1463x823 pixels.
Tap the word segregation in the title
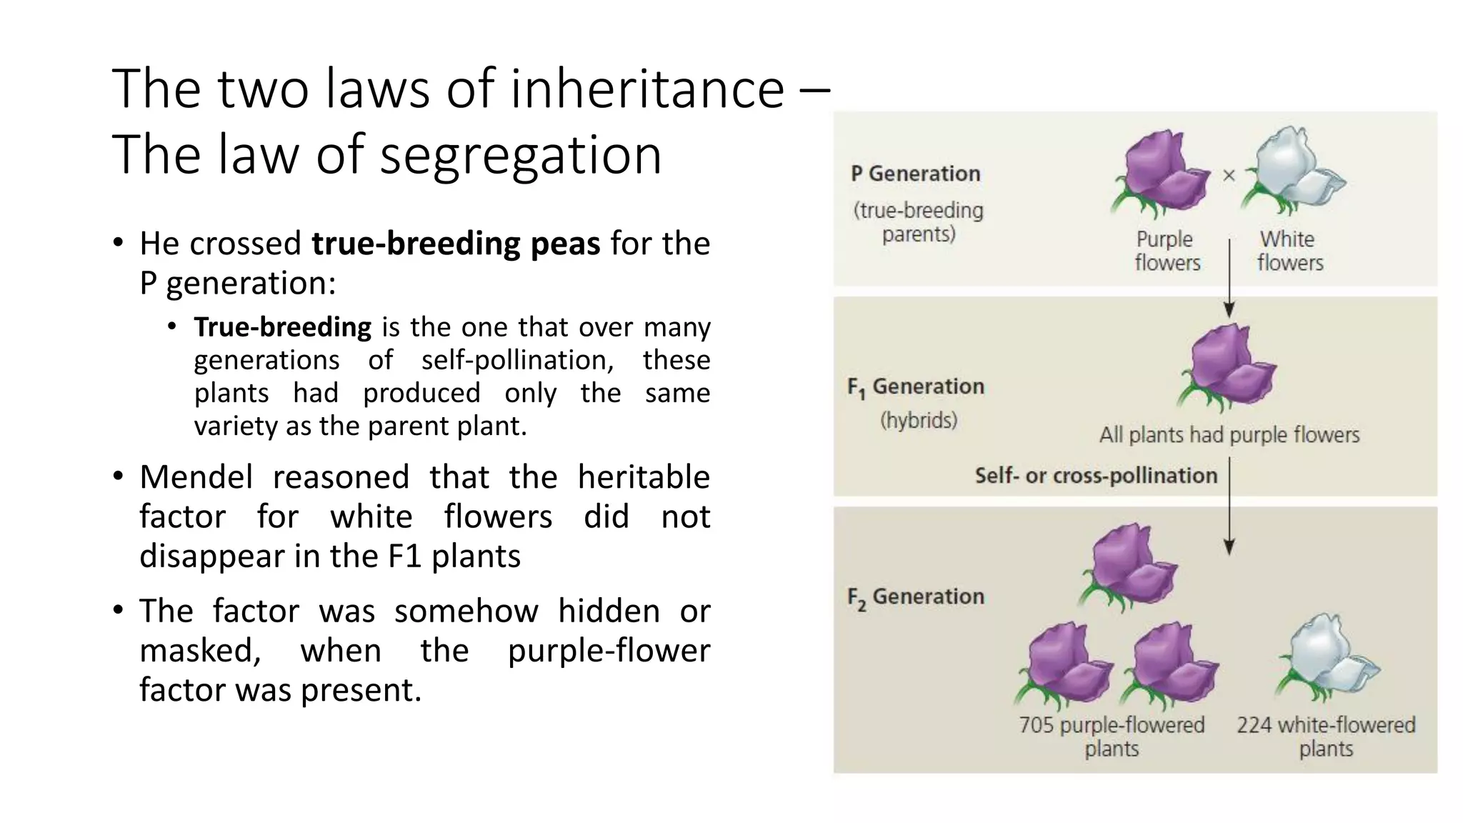pyautogui.click(x=521, y=155)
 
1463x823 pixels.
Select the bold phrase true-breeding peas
pyautogui.click(x=456, y=244)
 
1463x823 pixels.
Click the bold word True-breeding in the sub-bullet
pyautogui.click(x=283, y=327)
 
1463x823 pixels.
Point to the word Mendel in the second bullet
pyautogui.click(x=196, y=477)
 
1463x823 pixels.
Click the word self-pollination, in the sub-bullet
pyautogui.click(x=518, y=360)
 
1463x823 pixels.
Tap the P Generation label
pyautogui.click(x=915, y=174)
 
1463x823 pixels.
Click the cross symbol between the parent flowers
pyautogui.click(x=1229, y=175)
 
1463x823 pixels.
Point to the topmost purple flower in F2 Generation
pyautogui.click(x=1129, y=567)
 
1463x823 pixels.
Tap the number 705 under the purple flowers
pyautogui.click(x=1036, y=725)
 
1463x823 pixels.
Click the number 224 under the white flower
pyautogui.click(x=1254, y=725)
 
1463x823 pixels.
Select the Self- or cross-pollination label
pyautogui.click(x=1096, y=476)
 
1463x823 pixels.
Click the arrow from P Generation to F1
pyautogui.click(x=1229, y=279)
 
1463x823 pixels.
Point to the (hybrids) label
pyautogui.click(x=919, y=420)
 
